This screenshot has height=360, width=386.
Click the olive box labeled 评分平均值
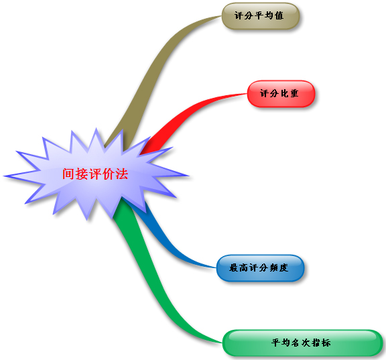pyautogui.click(x=261, y=16)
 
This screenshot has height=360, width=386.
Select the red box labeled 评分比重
pyautogui.click(x=281, y=94)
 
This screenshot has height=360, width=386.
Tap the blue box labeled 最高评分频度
pyautogui.click(x=261, y=268)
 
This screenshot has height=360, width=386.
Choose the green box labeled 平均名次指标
pyautogui.click(x=302, y=343)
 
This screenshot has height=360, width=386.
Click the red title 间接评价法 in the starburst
pyautogui.click(x=95, y=174)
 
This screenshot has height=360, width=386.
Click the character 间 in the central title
pyautogui.click(x=68, y=174)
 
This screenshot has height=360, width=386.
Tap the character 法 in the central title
pyautogui.click(x=122, y=174)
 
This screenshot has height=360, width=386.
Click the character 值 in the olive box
pyautogui.click(x=279, y=16)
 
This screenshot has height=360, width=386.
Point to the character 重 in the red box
pyautogui.click(x=294, y=94)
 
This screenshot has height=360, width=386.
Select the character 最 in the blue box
pyautogui.click(x=233, y=267)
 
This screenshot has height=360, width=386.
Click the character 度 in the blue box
pyautogui.click(x=283, y=267)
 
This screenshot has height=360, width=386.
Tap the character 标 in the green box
pyautogui.click(x=326, y=343)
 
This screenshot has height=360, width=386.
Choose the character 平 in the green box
pyautogui.click(x=276, y=343)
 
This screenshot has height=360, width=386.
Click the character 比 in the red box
pyautogui.click(x=284, y=94)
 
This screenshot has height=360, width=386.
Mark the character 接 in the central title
pyautogui.click(x=82, y=174)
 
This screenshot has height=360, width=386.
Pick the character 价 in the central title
pyautogui.click(x=109, y=174)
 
